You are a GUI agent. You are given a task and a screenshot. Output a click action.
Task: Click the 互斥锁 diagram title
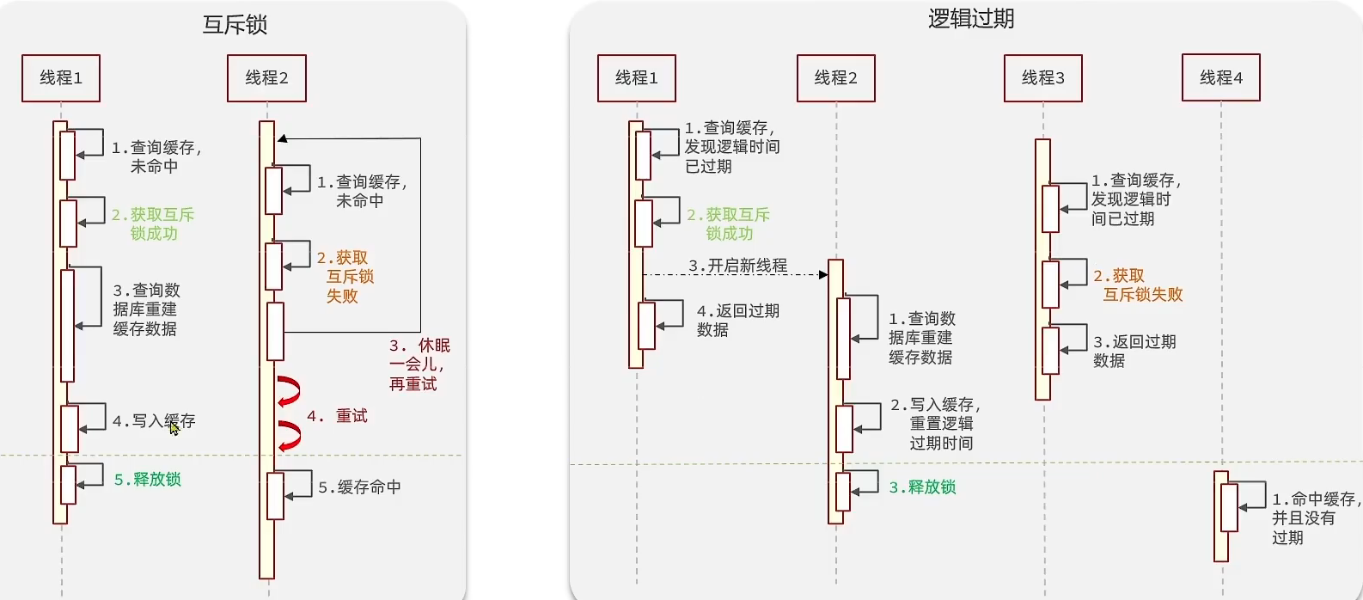[235, 25]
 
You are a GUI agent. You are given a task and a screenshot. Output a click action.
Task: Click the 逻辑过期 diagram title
[971, 19]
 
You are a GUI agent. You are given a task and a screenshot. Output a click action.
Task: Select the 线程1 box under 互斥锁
[61, 78]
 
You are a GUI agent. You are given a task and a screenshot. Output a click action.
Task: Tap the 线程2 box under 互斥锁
[266, 78]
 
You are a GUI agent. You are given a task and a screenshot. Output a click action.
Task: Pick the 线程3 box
[1042, 78]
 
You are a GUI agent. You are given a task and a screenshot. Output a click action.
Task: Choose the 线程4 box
[1220, 78]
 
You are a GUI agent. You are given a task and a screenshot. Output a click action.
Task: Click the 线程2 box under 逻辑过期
[835, 78]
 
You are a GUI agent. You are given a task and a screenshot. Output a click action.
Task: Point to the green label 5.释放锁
[148, 480]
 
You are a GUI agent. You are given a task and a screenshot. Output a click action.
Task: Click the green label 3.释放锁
[922, 487]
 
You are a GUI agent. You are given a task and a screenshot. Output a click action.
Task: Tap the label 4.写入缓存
[154, 421]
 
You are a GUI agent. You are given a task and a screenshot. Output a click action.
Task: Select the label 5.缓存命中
[359, 487]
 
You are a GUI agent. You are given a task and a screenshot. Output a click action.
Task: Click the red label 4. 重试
[337, 416]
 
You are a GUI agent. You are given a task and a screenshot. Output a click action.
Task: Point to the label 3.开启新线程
[737, 266]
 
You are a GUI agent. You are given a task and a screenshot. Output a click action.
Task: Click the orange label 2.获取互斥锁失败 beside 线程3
[1137, 285]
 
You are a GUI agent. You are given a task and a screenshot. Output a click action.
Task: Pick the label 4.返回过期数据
[737, 320]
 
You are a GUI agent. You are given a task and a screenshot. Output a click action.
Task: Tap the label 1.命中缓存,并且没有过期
[1315, 517]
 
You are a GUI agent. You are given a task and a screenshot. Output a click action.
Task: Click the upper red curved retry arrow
[290, 391]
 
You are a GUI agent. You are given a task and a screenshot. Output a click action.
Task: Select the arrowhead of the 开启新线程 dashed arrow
[823, 275]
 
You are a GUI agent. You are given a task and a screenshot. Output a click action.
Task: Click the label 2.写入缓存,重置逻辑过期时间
[935, 424]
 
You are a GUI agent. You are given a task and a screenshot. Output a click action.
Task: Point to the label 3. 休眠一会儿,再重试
[419, 364]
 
